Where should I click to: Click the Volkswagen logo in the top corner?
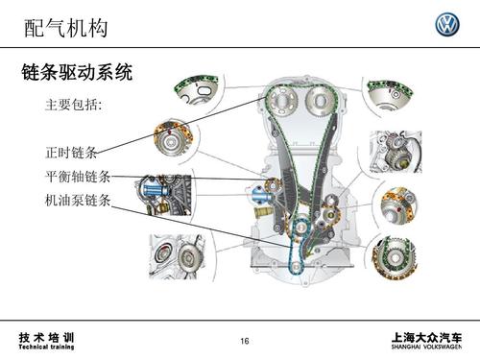[x=446, y=25]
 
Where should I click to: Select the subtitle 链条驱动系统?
[x=76, y=72]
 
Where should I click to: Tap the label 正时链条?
[x=70, y=153]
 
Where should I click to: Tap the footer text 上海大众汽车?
[x=427, y=336]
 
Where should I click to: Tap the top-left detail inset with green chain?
[x=199, y=92]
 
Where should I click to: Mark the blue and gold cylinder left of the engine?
[x=259, y=203]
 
